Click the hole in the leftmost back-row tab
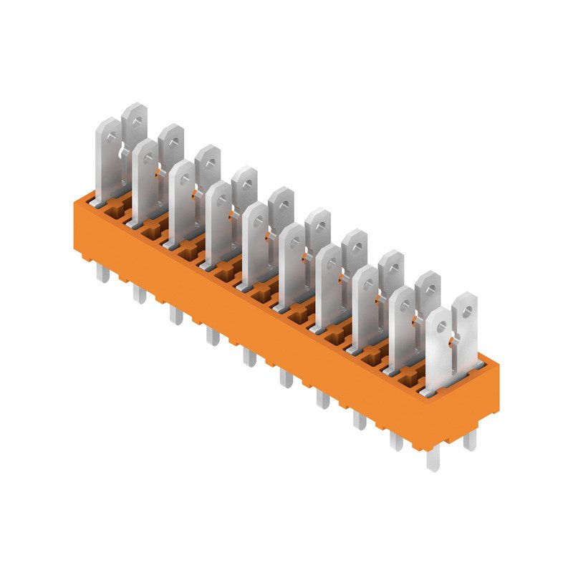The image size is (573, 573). click(x=134, y=117)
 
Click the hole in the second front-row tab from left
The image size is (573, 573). click(x=145, y=155)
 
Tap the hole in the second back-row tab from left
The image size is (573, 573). click(x=172, y=138)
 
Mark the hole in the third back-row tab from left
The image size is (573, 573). click(x=208, y=160)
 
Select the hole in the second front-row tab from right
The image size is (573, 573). click(x=403, y=306)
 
